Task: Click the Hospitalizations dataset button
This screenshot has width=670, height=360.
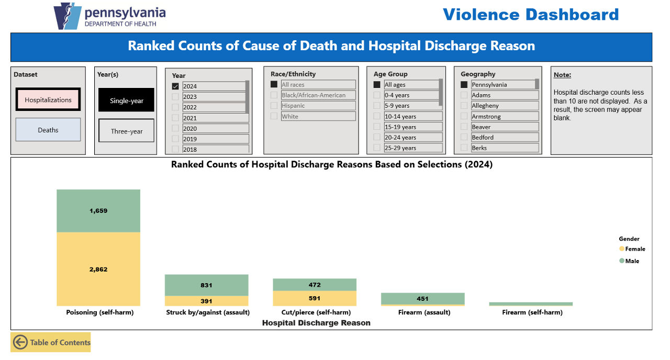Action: pyautogui.click(x=48, y=99)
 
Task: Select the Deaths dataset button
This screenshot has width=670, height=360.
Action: pyautogui.click(x=48, y=130)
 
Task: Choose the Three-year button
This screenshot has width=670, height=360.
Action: pyautogui.click(x=126, y=131)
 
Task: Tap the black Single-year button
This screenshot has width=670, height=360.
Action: pyautogui.click(x=126, y=100)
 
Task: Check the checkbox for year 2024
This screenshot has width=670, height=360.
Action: pyautogui.click(x=175, y=86)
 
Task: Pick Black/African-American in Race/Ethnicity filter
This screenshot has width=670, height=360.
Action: pyautogui.click(x=313, y=95)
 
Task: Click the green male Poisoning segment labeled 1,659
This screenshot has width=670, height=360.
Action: pyautogui.click(x=98, y=211)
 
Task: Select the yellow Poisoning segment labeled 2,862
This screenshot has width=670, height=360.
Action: pyautogui.click(x=98, y=269)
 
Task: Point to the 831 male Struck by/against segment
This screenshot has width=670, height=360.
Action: pyautogui.click(x=206, y=285)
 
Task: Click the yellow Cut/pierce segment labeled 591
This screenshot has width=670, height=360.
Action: pyautogui.click(x=314, y=298)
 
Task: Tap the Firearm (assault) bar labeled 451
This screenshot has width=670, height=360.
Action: pyautogui.click(x=422, y=299)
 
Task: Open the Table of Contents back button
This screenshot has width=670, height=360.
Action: pyautogui.click(x=51, y=342)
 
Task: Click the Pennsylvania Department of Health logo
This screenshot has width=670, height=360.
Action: pyautogui.click(x=110, y=16)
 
